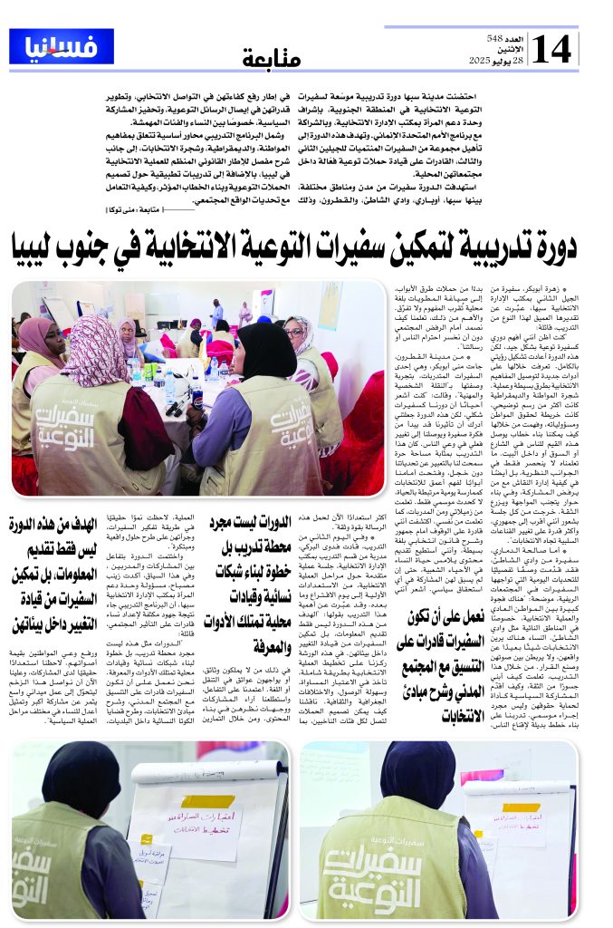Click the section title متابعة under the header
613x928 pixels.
pos(272,59)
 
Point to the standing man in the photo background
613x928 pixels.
pos(217,311)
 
